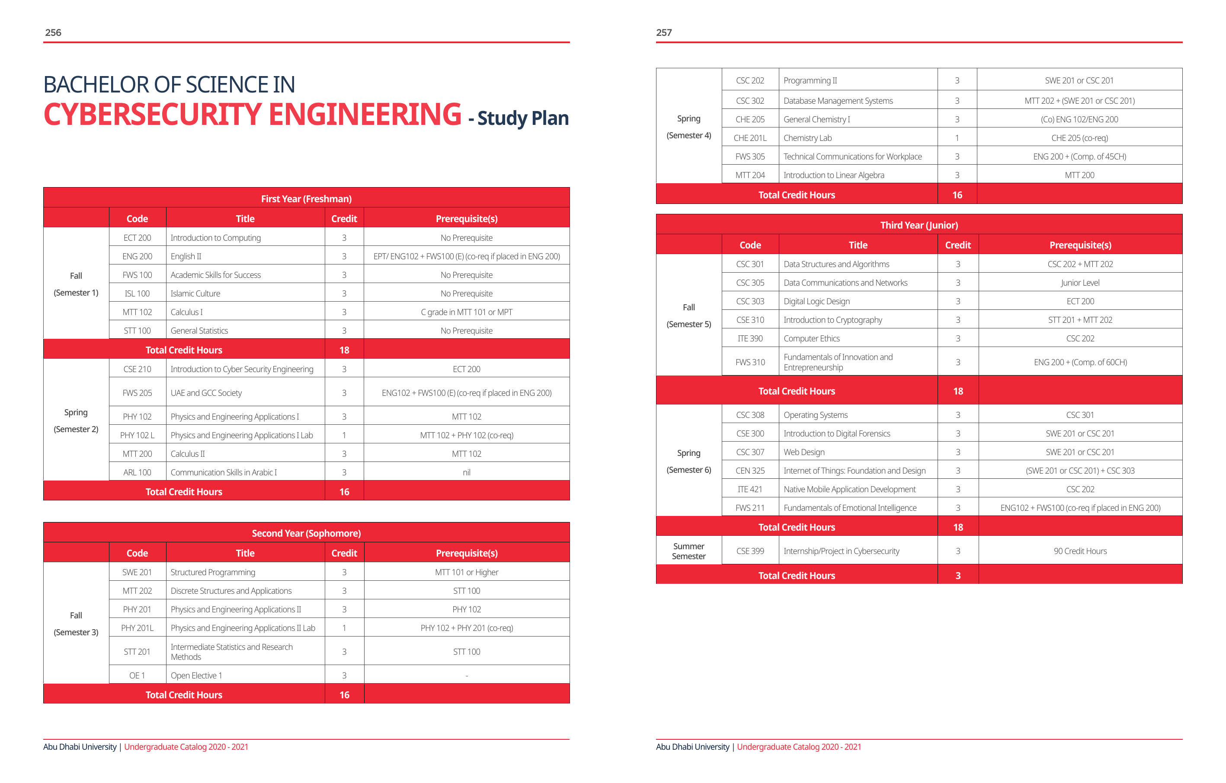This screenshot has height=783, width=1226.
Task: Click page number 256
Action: tap(53, 32)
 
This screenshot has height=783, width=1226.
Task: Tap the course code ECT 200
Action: tap(137, 238)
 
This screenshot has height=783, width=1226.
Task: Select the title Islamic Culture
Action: tap(195, 293)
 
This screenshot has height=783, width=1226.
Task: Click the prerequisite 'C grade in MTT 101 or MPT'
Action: tap(466, 312)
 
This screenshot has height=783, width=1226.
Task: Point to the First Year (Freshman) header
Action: tap(306, 199)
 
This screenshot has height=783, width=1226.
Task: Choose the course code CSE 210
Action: tap(137, 369)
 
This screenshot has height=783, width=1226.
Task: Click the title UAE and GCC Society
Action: tap(206, 393)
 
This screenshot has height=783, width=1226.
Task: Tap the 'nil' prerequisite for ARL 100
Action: tap(466, 472)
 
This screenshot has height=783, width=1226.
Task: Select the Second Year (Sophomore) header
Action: tap(306, 533)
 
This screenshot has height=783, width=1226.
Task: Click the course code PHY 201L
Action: tap(137, 628)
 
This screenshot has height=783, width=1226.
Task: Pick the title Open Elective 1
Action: tap(196, 675)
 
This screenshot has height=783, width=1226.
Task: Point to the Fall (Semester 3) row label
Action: tap(76, 624)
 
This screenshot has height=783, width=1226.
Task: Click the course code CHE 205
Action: tap(749, 120)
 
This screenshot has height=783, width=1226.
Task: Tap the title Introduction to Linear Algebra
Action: tap(833, 175)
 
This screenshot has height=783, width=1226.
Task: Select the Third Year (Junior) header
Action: tap(919, 225)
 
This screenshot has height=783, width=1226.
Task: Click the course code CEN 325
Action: tap(749, 471)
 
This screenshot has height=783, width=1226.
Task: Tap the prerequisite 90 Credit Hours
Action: tap(1079, 551)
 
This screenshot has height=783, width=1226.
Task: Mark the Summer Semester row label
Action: tap(688, 551)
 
